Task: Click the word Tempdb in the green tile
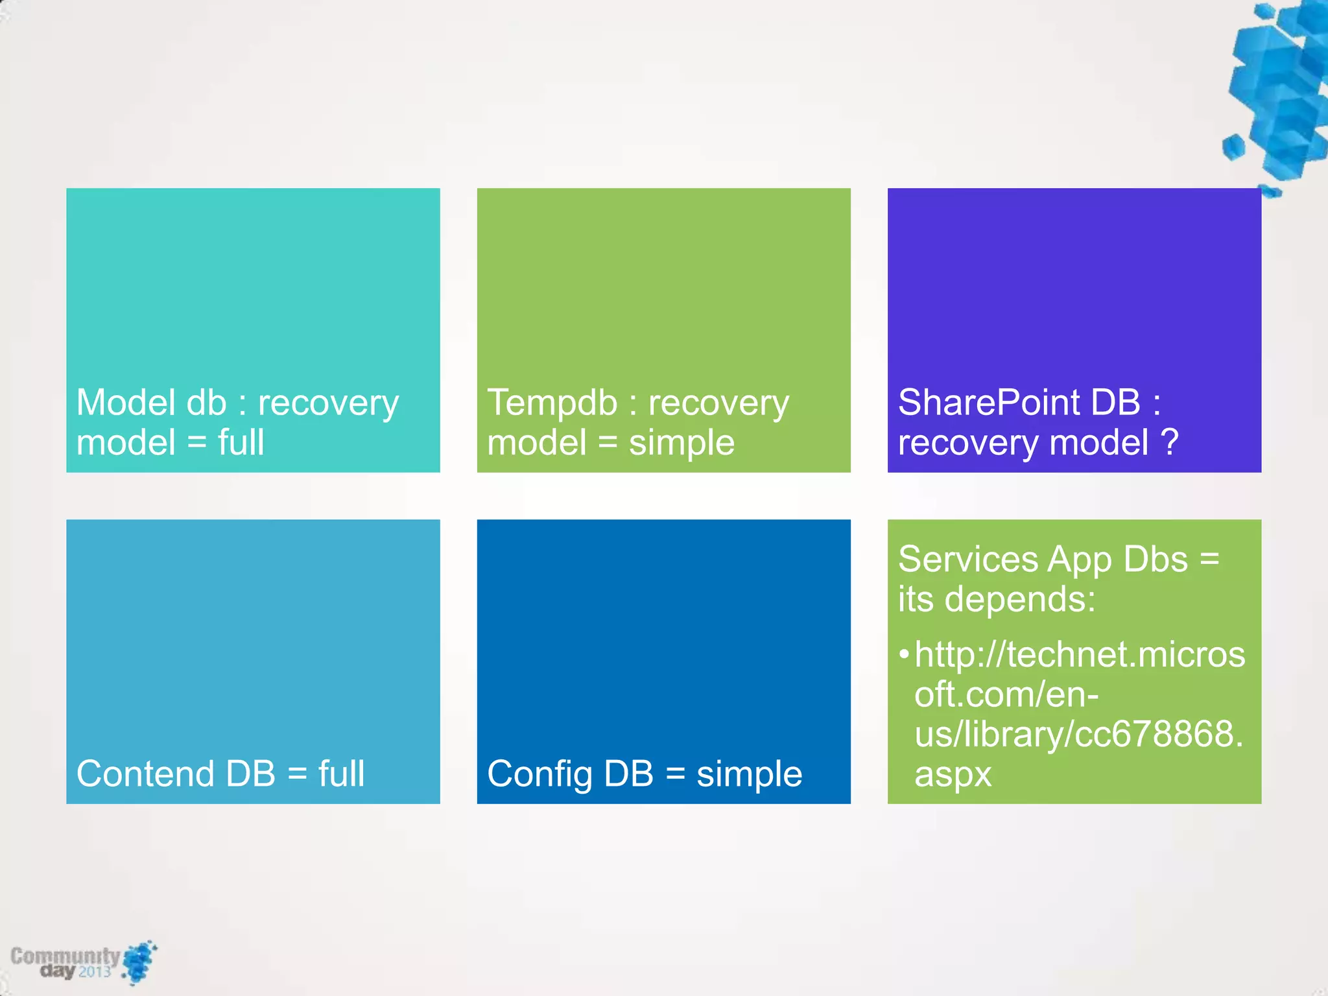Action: coord(552,403)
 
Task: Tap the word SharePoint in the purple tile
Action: coord(987,403)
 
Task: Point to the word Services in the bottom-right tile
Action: coord(967,559)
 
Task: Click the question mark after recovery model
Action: coord(1169,442)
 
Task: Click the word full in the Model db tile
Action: coord(241,442)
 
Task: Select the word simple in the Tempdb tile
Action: coord(682,444)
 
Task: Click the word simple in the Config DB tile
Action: coord(749,774)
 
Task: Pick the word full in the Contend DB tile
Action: coord(341,774)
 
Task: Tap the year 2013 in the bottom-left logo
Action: coord(95,971)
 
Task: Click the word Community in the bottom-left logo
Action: coord(65,956)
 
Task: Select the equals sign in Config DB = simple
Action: coord(675,774)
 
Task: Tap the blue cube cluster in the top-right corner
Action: coord(1281,91)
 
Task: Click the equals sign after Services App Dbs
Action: coord(1209,559)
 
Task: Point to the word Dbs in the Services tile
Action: coord(1156,559)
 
